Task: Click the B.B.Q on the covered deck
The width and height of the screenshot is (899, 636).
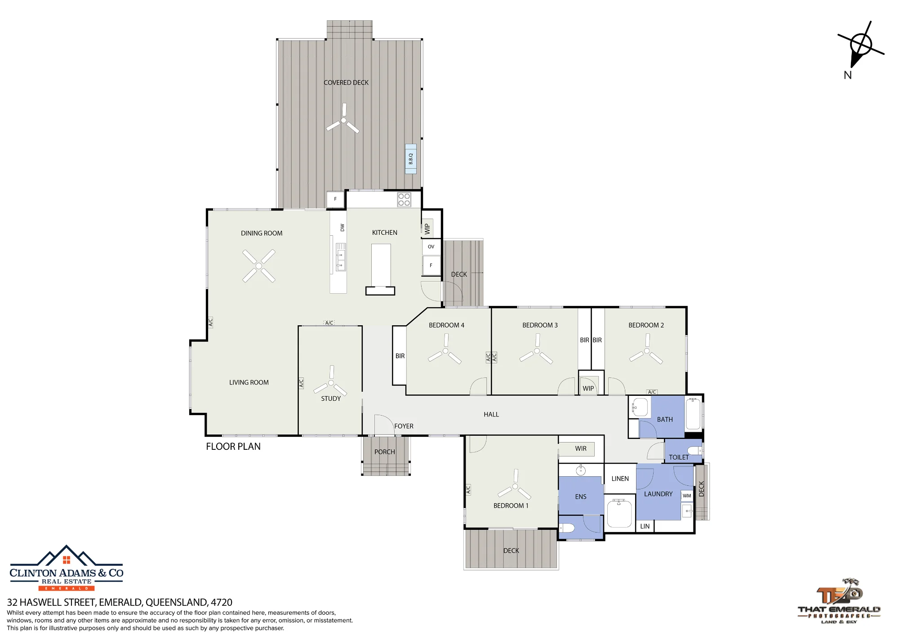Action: [410, 159]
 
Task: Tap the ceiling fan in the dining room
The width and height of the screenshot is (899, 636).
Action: [259, 266]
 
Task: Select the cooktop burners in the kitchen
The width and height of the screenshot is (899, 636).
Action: [404, 200]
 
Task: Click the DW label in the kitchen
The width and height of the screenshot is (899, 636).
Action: [342, 228]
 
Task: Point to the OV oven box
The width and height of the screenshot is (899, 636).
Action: [431, 246]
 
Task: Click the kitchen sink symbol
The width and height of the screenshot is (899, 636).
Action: [341, 257]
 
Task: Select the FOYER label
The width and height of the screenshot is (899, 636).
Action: [404, 426]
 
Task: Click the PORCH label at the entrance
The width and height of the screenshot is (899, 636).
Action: [385, 452]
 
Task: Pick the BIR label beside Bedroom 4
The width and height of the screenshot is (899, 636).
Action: [400, 356]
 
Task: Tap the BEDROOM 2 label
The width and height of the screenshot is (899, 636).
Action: [646, 325]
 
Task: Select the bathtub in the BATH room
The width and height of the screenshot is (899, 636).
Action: [694, 414]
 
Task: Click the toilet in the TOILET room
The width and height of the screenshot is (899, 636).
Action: [695, 451]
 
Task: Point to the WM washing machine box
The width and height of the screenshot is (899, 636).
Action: [687, 496]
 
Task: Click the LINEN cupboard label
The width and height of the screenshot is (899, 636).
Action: [620, 479]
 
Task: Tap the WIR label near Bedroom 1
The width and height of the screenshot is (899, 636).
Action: [581, 448]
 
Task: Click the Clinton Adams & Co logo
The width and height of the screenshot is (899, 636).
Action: [67, 568]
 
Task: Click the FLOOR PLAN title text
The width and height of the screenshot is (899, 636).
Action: [233, 447]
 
